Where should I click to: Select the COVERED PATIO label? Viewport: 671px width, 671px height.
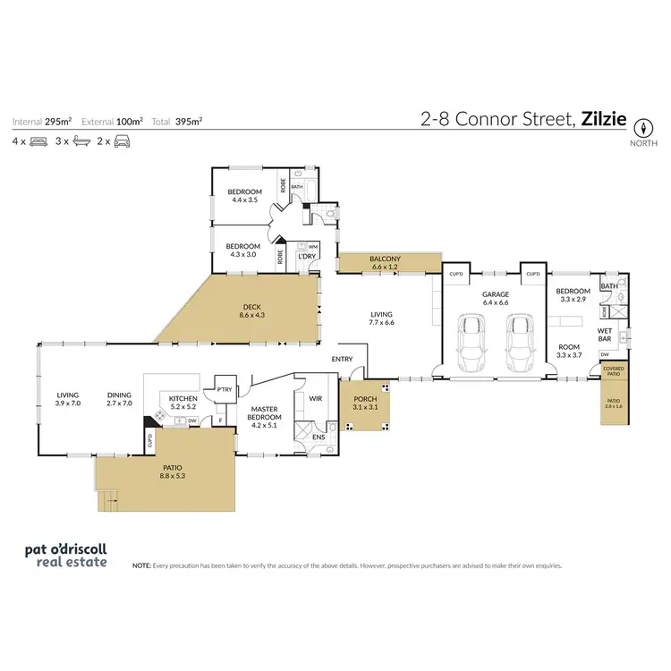pyautogui.click(x=613, y=370)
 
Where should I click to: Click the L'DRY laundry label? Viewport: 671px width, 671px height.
pyautogui.click(x=307, y=257)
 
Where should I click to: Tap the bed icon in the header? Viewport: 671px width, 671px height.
pyautogui.click(x=38, y=141)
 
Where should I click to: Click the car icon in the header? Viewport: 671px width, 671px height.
pyautogui.click(x=123, y=141)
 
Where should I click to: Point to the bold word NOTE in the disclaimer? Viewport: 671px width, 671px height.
pyautogui.click(x=141, y=566)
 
